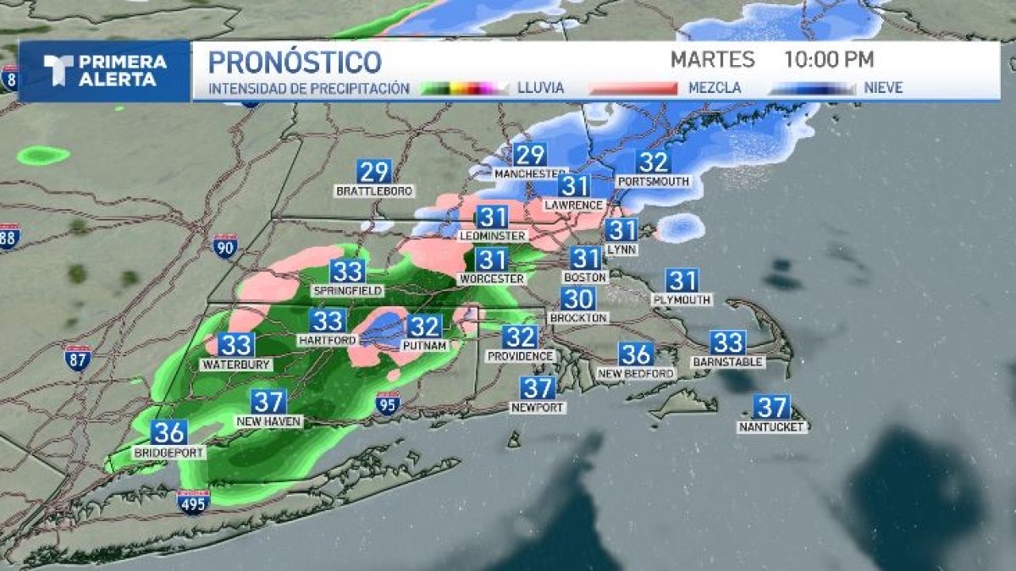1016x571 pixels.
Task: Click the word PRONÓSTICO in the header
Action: (x=295, y=61)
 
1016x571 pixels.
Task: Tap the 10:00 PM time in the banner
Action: (x=829, y=60)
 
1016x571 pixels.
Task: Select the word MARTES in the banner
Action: (x=712, y=60)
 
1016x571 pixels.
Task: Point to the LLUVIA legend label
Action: (x=540, y=87)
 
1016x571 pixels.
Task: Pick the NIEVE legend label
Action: (x=883, y=87)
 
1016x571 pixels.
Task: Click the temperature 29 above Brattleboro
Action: (x=373, y=172)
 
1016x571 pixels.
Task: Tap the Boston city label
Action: (x=585, y=277)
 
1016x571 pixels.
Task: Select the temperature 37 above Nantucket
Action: (x=771, y=407)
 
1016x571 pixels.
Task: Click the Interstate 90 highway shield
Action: (x=225, y=246)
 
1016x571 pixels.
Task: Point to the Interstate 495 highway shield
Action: (x=193, y=502)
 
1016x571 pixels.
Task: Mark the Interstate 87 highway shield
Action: (x=77, y=358)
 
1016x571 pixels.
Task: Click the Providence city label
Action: (x=520, y=356)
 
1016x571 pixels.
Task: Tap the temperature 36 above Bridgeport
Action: (x=168, y=432)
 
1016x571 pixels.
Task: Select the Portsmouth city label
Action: (x=653, y=181)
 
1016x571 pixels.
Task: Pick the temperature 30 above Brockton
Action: (x=578, y=298)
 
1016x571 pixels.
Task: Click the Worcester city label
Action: (x=491, y=278)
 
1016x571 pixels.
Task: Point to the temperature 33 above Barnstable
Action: (x=727, y=342)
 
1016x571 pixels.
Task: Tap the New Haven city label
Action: (x=268, y=420)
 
